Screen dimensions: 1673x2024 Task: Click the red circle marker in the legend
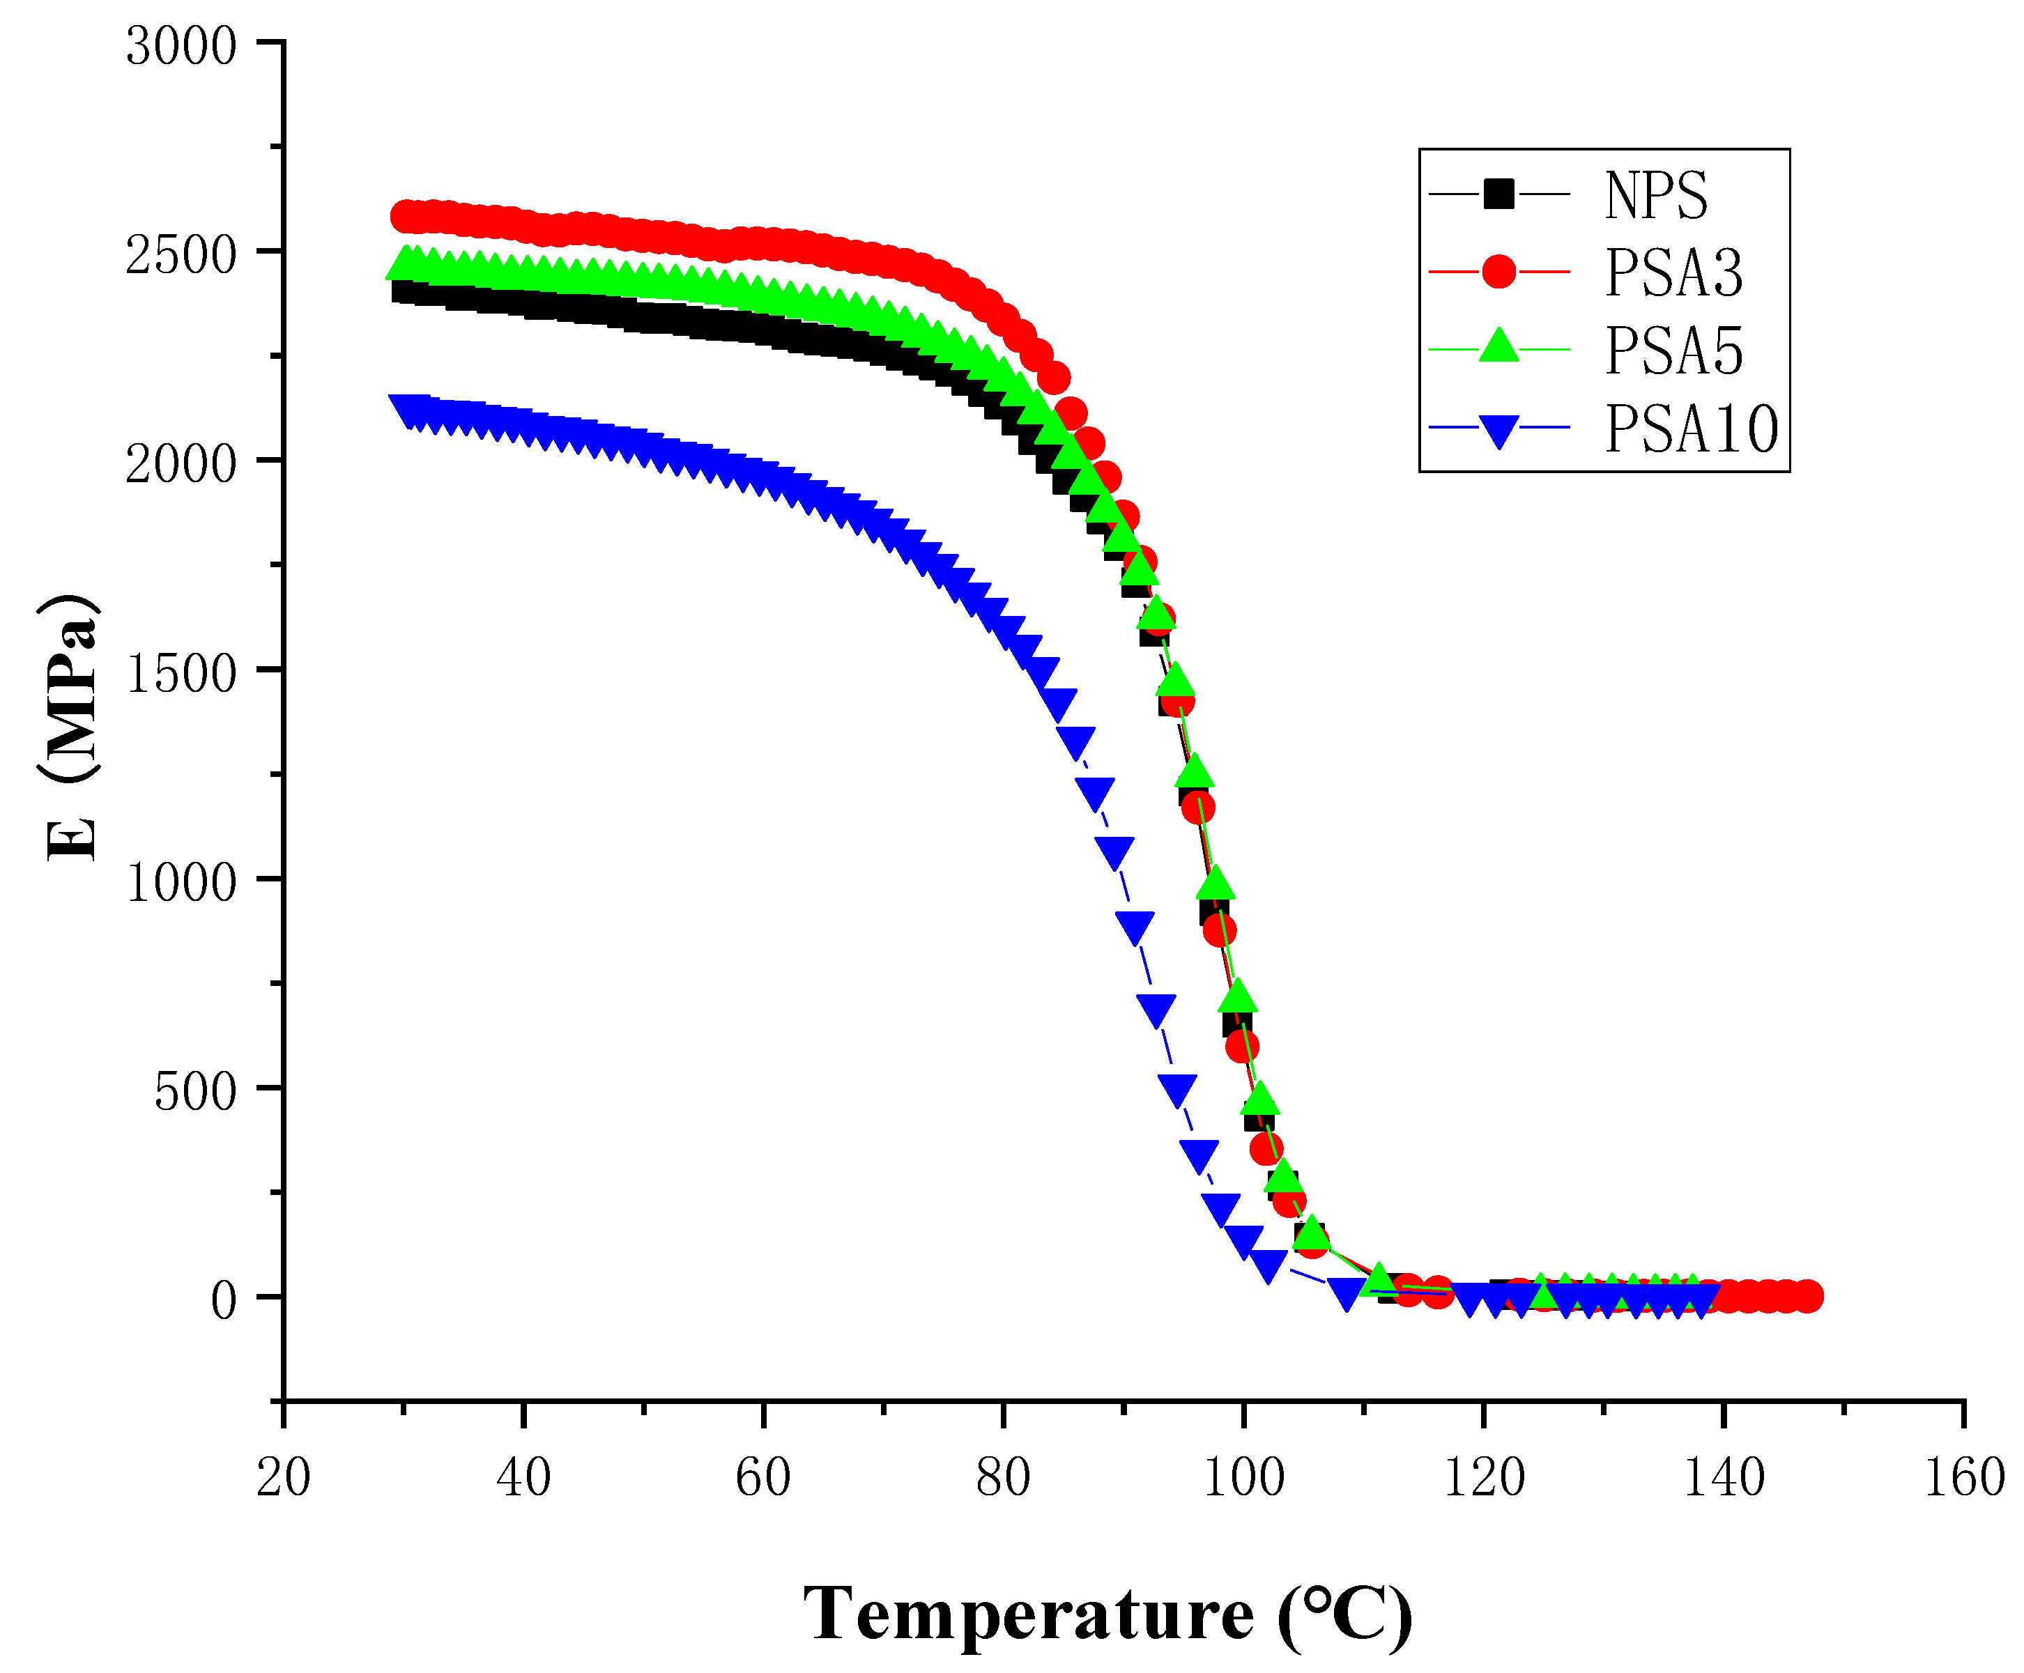1498,272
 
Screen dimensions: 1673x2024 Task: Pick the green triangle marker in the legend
1498,347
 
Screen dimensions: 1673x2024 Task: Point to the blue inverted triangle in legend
1498,430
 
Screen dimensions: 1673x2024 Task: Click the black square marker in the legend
1498,194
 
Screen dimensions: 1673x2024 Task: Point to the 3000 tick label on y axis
181,46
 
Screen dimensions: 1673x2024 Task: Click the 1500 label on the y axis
181,674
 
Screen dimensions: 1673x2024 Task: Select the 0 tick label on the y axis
224,1301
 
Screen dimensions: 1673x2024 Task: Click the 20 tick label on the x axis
284,1477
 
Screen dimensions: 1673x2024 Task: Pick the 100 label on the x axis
1243,1477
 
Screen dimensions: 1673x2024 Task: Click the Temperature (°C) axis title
1108,1612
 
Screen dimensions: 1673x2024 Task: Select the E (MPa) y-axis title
70,727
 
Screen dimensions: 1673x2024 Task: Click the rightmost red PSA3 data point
1807,1296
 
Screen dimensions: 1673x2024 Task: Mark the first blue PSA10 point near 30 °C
405,408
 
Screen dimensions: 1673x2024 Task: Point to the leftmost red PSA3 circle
406,217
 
